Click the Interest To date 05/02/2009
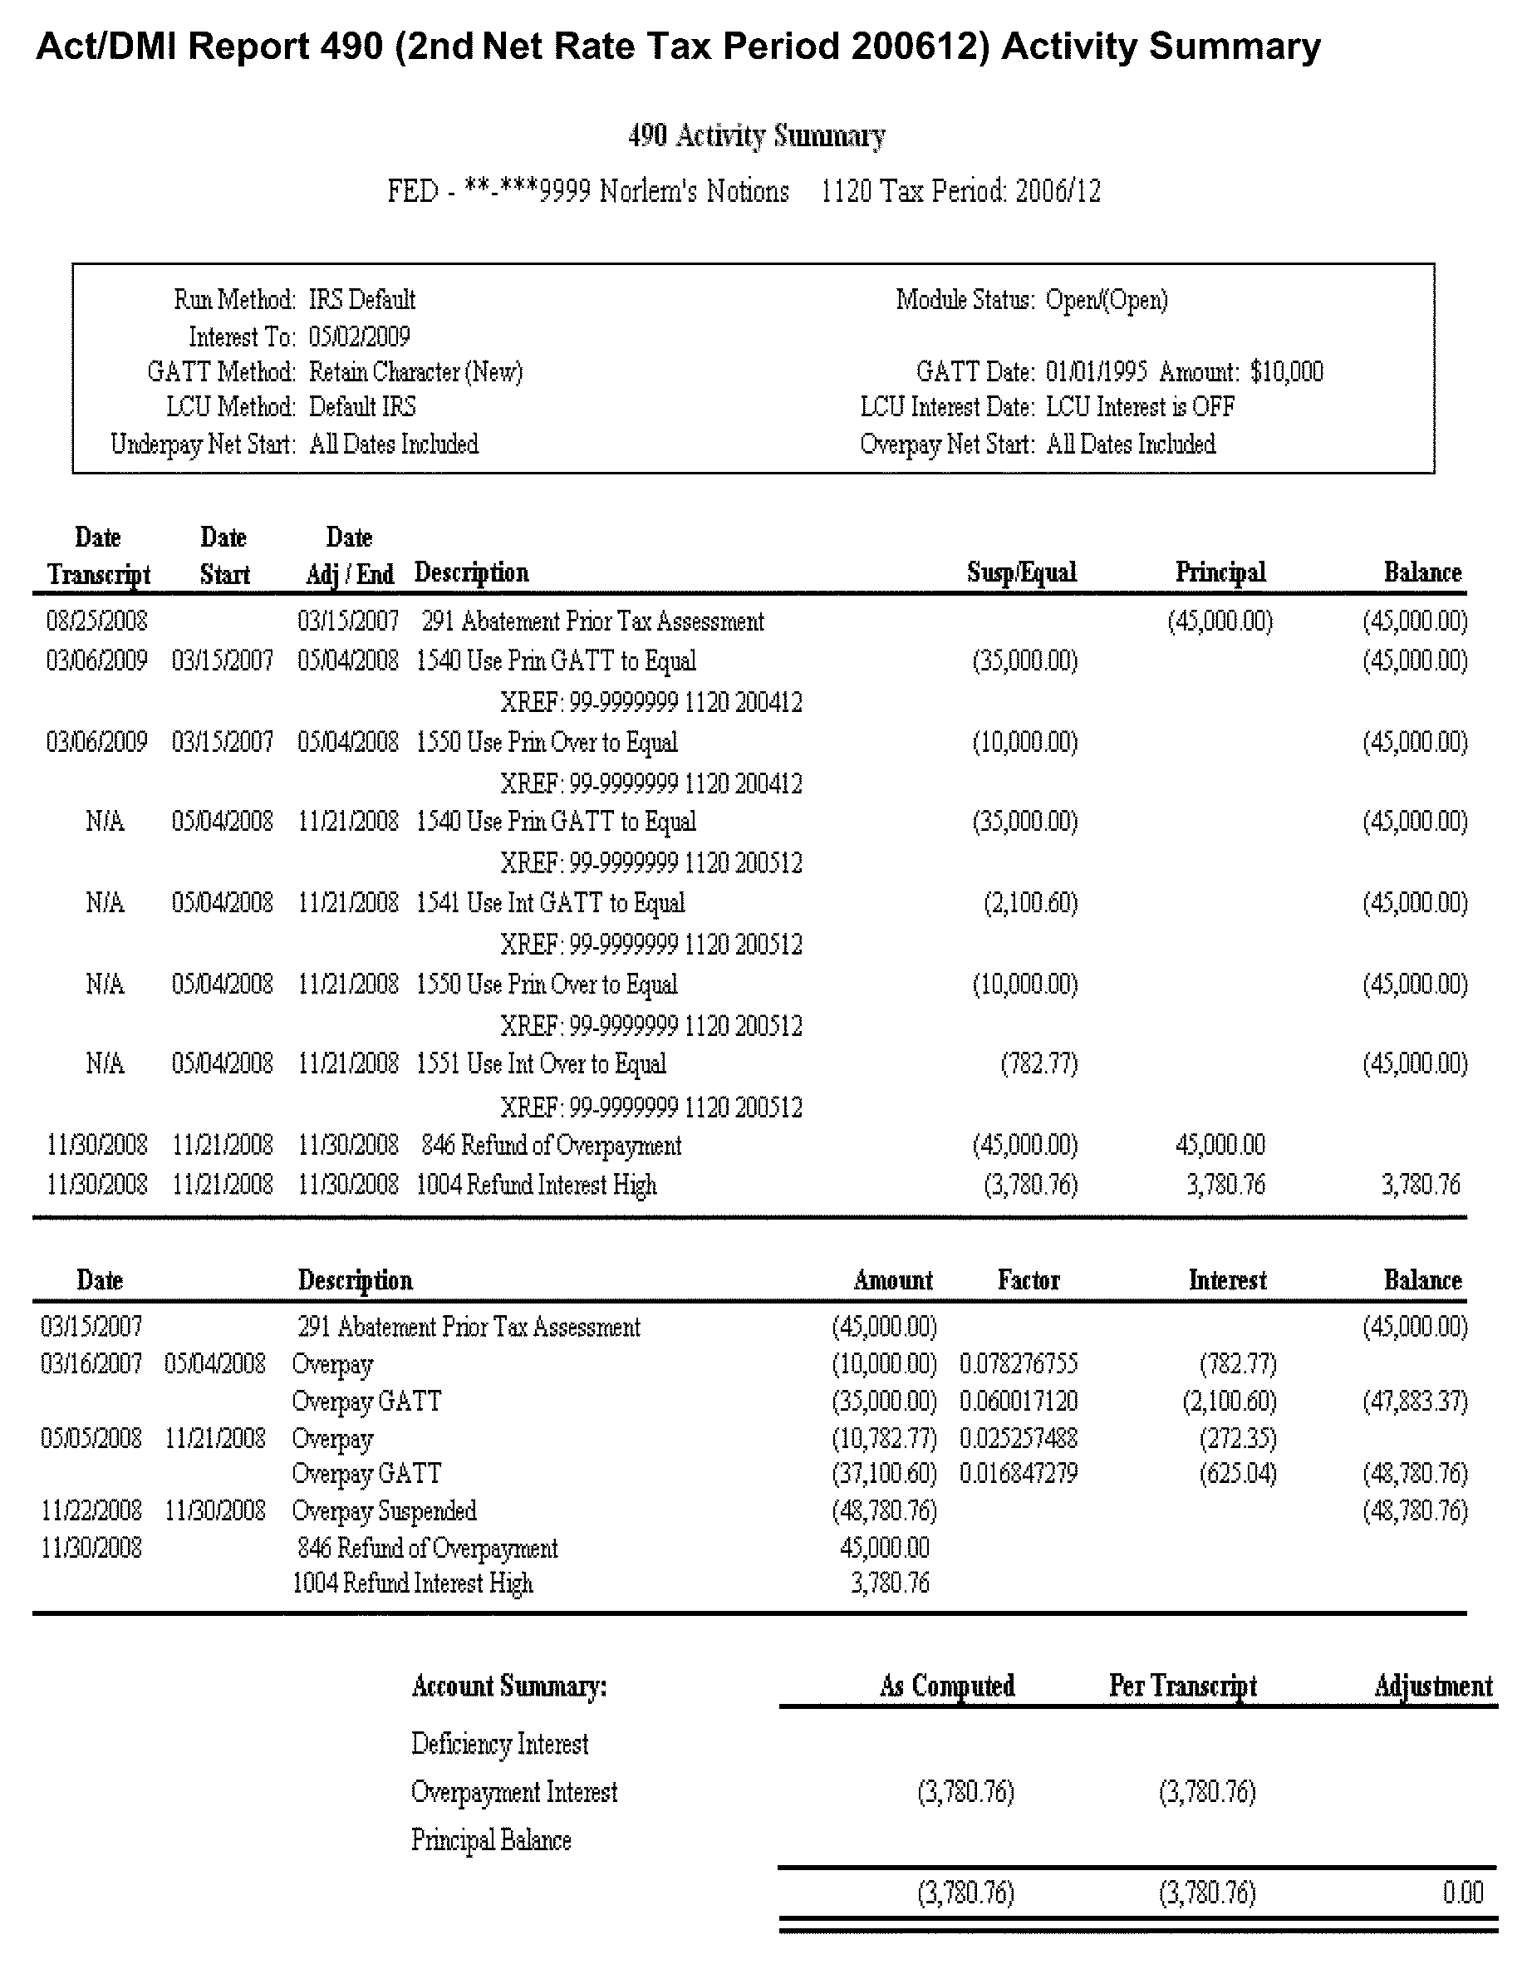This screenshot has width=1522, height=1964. pyautogui.click(x=359, y=336)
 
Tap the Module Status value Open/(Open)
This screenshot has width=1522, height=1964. pyautogui.click(x=1106, y=299)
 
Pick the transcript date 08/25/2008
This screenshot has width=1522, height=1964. pyautogui.click(x=96, y=621)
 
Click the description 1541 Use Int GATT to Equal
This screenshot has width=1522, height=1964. pyautogui.click(x=550, y=902)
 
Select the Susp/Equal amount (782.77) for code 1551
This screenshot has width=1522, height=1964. pyautogui.click(x=1039, y=1063)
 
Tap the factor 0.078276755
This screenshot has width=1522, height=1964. pyautogui.click(x=1018, y=1364)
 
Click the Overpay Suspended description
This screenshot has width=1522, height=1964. pyautogui.click(x=384, y=1510)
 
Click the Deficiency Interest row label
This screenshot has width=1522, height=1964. pyautogui.click(x=500, y=1744)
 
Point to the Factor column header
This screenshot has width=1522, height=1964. pyautogui.click(x=1028, y=1279)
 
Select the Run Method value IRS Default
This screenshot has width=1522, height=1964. pyautogui.click(x=361, y=299)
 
